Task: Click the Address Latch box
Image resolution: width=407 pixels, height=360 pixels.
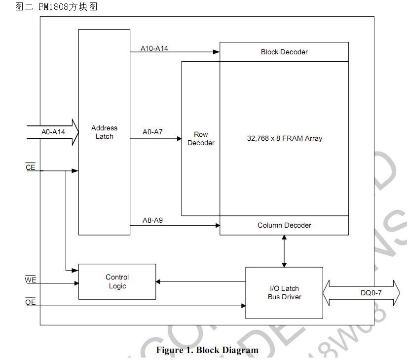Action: (x=104, y=132)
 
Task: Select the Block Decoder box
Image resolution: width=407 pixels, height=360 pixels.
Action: (x=284, y=52)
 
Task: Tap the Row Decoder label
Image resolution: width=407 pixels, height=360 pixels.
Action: (x=201, y=139)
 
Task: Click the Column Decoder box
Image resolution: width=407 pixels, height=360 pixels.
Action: (x=284, y=225)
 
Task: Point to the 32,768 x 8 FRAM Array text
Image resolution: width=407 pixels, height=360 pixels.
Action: (x=284, y=139)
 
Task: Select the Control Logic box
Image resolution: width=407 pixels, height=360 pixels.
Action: (x=117, y=281)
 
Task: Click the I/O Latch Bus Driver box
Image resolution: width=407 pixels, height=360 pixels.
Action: (x=284, y=293)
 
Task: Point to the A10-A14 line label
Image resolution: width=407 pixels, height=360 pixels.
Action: (x=154, y=48)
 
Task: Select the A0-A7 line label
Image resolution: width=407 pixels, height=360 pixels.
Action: (x=152, y=132)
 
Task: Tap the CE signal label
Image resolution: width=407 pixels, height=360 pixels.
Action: (x=31, y=167)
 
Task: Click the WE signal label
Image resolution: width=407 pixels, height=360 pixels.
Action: (x=31, y=280)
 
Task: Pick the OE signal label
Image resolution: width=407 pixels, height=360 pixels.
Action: (x=31, y=302)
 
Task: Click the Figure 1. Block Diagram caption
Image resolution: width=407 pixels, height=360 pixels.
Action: (x=207, y=350)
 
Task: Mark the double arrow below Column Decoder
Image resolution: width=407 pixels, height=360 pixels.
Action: (x=284, y=251)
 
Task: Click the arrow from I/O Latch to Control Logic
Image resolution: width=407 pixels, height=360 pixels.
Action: (x=200, y=282)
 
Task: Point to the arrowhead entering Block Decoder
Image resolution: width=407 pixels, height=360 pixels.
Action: (x=216, y=52)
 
